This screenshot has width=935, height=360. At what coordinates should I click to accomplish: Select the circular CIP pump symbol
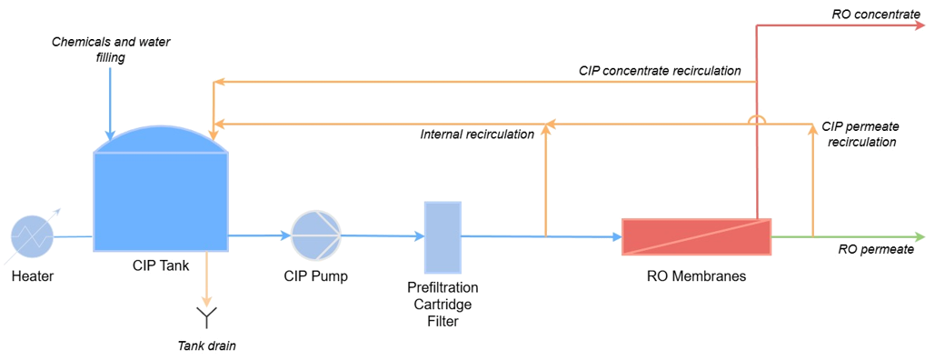[316, 235]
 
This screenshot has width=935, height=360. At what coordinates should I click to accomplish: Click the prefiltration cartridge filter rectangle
[443, 236]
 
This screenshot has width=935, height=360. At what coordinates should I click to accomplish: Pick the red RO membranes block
[696, 236]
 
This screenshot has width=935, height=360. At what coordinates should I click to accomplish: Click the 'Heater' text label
[32, 276]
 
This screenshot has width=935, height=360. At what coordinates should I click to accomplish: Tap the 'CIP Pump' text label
[316, 276]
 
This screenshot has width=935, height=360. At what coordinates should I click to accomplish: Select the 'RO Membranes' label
[697, 276]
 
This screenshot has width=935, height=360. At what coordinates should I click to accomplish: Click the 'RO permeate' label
[875, 250]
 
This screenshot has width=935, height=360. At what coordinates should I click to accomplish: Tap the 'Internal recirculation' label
[477, 135]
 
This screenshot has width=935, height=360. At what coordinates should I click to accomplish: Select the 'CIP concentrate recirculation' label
[660, 71]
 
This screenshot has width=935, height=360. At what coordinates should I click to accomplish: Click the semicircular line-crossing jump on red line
[757, 120]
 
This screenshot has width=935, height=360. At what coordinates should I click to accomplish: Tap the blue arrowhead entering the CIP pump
[285, 235]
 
